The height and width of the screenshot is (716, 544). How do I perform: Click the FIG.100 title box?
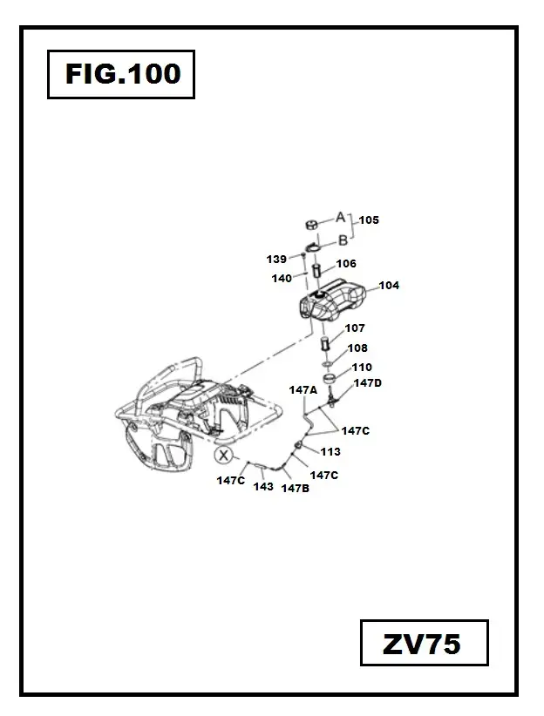pos(121,74)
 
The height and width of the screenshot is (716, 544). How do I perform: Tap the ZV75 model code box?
pos(424,645)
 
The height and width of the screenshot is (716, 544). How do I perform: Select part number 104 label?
pos(388,286)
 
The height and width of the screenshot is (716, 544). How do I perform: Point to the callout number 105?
pos(369,220)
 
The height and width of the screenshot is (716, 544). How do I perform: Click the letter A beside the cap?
pos(341,217)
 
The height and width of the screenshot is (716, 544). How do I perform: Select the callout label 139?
pos(276,259)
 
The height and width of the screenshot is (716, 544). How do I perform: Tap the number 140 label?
pos(282,279)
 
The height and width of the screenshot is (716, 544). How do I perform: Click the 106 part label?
pos(346,263)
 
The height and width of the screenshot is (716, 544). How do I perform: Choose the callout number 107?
pos(355,328)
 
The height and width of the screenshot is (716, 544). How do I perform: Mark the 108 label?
pos(357,348)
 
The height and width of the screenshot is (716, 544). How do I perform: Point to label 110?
pos(361,368)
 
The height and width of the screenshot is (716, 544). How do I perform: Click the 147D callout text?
pos(367,382)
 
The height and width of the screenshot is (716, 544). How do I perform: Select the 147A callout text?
pos(303,390)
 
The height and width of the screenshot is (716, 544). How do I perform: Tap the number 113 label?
pos(330,452)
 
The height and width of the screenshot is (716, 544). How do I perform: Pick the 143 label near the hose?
pos(263,487)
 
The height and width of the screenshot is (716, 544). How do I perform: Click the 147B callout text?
pos(295,489)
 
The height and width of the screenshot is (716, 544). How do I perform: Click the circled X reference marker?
pos(225,456)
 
